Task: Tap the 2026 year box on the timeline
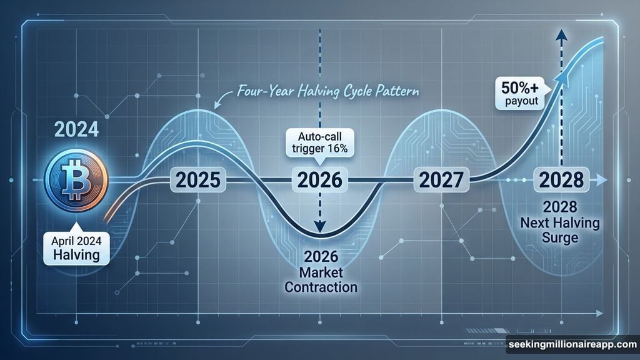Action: coord(319,181)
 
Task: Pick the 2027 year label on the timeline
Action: coord(441,181)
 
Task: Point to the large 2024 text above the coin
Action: coord(76,130)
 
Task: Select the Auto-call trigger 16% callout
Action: coord(319,143)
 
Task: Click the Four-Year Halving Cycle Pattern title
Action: coord(328,91)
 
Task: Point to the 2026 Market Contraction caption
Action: coord(319,271)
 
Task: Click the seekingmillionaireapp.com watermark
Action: coord(571,344)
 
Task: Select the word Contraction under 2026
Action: coord(319,287)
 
